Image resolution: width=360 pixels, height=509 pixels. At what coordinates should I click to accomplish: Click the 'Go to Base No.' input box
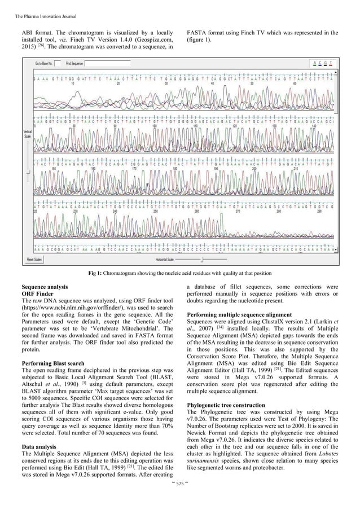tap(58, 64)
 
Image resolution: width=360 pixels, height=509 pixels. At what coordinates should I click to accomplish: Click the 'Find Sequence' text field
tap(107, 64)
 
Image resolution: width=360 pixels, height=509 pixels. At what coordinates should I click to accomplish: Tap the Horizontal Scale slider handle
tap(202, 259)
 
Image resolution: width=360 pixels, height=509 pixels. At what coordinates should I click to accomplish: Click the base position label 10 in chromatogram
tap(73, 82)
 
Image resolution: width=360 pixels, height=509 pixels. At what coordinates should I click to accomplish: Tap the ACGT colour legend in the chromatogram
tap(326, 63)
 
